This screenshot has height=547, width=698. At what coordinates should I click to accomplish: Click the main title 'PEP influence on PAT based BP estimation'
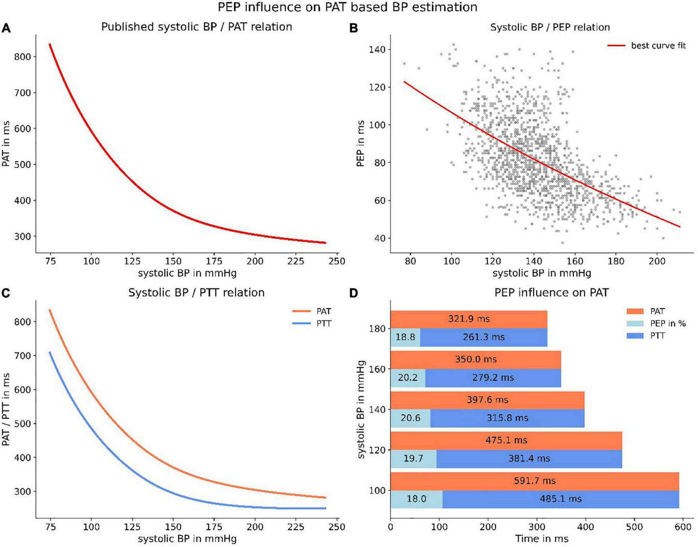tap(347, 7)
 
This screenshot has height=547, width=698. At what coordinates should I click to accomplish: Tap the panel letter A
tap(6, 28)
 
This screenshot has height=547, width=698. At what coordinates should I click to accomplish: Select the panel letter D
tap(354, 293)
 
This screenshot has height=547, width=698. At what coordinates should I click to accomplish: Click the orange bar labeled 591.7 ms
tap(535, 481)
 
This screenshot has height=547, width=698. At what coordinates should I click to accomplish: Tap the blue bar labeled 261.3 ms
tap(484, 337)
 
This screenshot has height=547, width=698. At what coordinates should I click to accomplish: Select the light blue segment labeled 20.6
tap(410, 418)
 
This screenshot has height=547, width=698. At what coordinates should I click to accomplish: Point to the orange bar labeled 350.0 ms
tap(475, 359)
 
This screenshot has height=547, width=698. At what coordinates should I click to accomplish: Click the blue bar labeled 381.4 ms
tap(529, 458)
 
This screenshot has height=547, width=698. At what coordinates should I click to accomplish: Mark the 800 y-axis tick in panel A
tap(22, 57)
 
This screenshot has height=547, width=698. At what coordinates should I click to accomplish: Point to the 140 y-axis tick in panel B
tap(377, 50)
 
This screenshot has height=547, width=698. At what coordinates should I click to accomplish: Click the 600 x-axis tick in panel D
tap(683, 527)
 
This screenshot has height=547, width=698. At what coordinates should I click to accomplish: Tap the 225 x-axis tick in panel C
tap(295, 527)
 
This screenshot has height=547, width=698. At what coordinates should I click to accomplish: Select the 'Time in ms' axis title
tap(542, 539)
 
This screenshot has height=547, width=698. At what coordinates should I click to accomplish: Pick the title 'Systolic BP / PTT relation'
tap(196, 293)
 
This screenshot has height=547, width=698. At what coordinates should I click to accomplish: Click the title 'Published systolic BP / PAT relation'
tap(197, 27)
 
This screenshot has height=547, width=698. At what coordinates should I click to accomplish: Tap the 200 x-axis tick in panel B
tap(657, 261)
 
